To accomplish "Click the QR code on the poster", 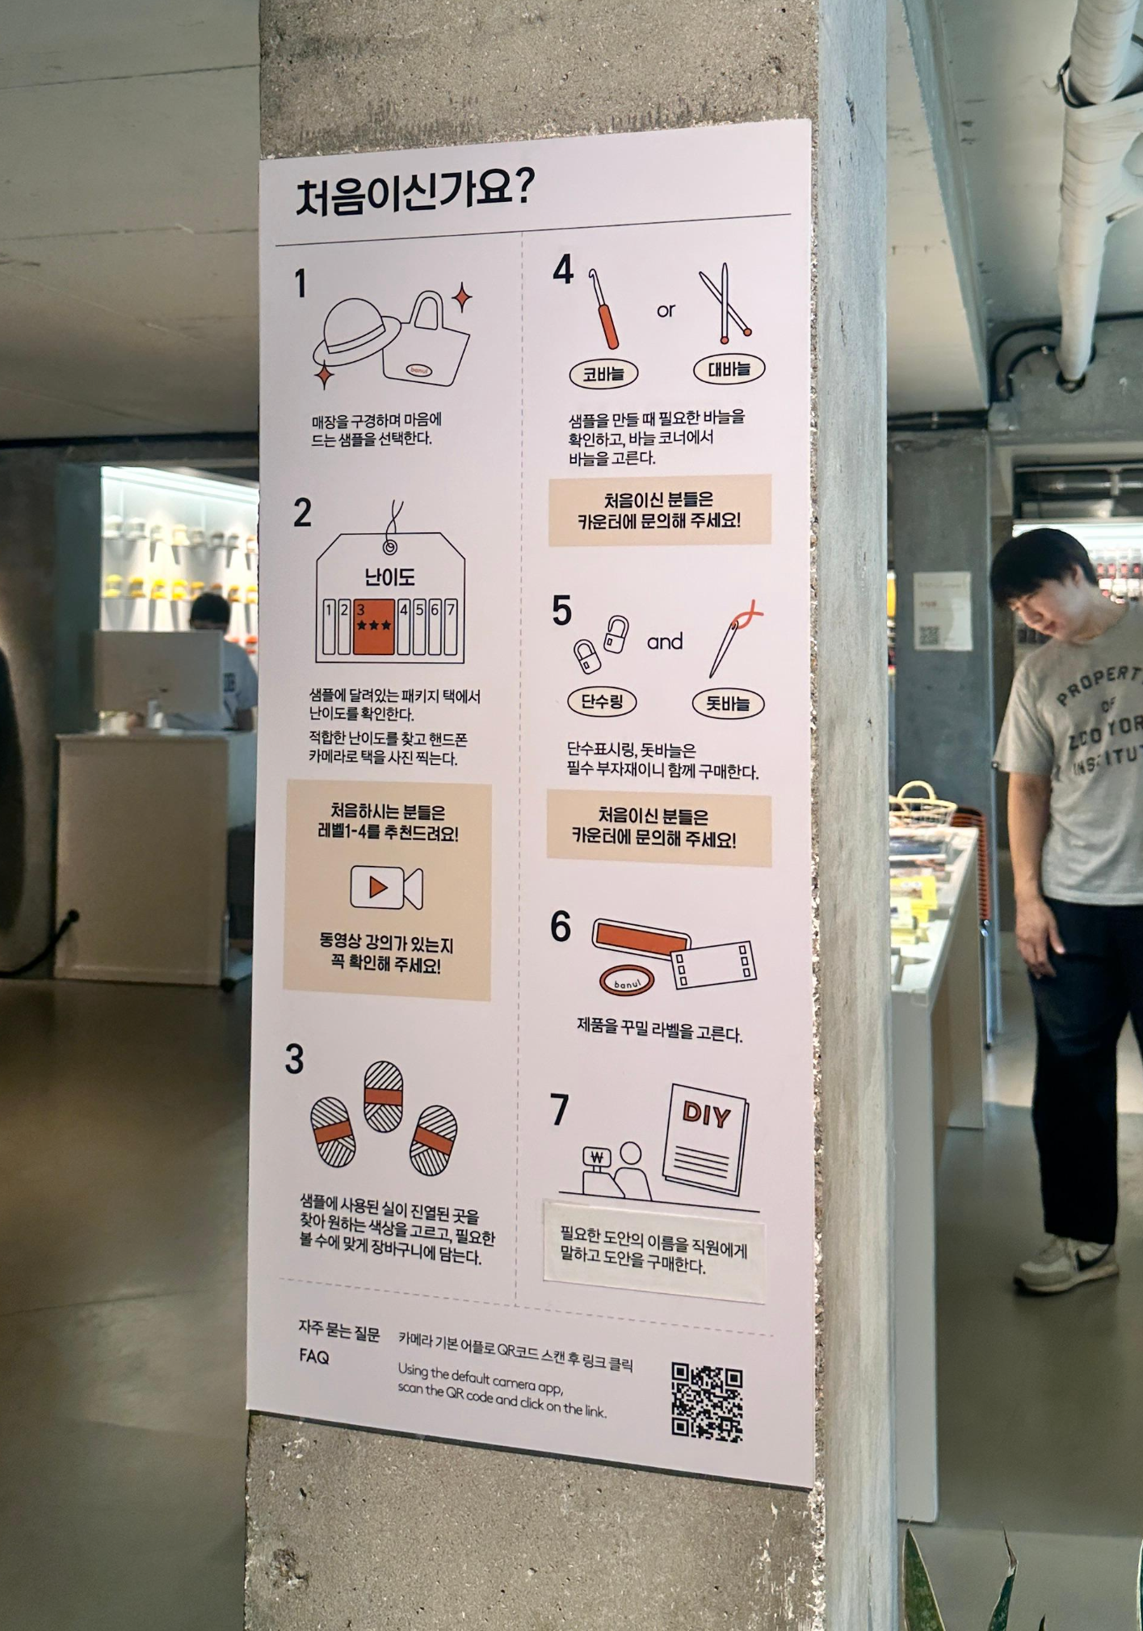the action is [x=707, y=1402].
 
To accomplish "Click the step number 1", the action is [x=300, y=284].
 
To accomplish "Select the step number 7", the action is [x=559, y=1110].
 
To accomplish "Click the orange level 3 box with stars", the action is [x=374, y=626].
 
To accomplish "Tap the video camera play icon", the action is [x=386, y=887].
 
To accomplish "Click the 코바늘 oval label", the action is [x=603, y=374].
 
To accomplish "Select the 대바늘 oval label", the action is [x=729, y=369].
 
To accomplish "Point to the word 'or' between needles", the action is [x=666, y=310].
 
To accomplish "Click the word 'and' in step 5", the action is [x=665, y=642].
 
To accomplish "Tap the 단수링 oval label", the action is [x=603, y=701].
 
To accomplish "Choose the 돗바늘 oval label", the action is [x=728, y=704].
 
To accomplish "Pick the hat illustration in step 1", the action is [x=355, y=334].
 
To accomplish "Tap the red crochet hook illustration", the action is [x=603, y=310].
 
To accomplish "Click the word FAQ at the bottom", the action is [x=314, y=1356].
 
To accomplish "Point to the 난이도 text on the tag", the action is [x=389, y=578].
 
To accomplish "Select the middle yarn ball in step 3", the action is [x=383, y=1095].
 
